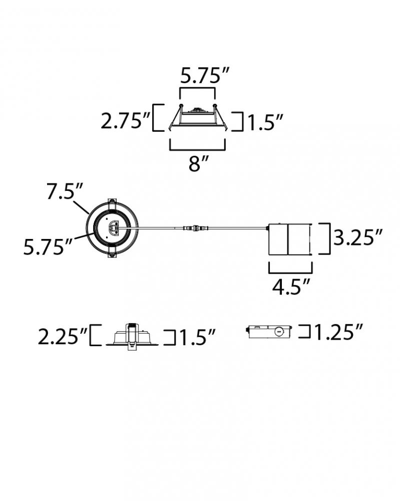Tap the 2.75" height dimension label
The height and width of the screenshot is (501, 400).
125,121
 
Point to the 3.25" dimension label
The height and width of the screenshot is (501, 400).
358,237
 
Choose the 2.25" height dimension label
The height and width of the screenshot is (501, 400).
62,337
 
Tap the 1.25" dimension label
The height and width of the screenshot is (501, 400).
338,332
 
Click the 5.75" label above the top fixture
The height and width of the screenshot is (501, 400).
205,76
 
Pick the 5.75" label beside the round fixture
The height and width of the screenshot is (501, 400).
48,246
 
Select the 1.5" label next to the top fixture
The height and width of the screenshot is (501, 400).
265,122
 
